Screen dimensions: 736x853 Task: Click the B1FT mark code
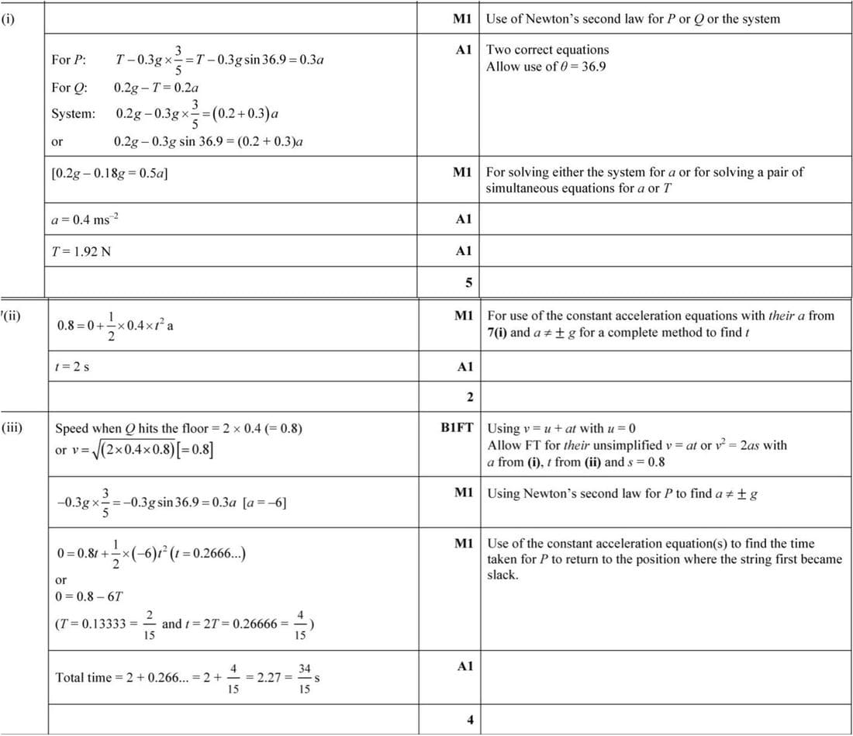[x=457, y=427]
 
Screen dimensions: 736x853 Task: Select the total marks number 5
[x=469, y=282]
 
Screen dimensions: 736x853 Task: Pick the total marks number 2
[x=469, y=398]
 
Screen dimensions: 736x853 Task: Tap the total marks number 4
[x=469, y=719]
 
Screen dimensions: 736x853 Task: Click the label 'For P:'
[x=69, y=60]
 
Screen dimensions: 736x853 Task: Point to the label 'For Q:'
[x=69, y=87]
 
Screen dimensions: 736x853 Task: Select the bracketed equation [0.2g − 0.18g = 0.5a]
[x=109, y=172]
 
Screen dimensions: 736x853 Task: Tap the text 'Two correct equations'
[x=547, y=50]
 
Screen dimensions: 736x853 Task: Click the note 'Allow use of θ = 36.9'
[x=546, y=66]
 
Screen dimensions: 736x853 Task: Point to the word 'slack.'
[x=502, y=575]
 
